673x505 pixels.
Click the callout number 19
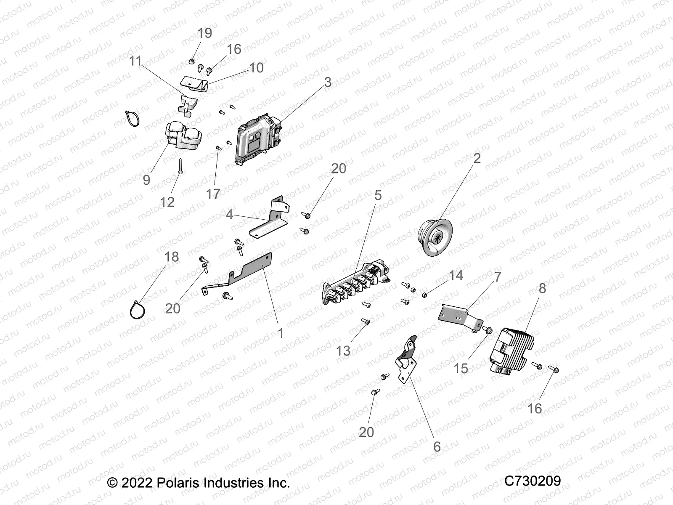coord(204,33)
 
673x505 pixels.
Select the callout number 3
coord(328,82)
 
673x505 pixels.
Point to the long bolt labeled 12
coord(180,166)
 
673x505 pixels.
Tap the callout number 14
coord(456,275)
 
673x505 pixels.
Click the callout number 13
coord(343,350)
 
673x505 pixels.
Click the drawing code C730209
coord(532,481)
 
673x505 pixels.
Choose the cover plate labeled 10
coord(194,82)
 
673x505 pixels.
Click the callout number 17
coord(213,194)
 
